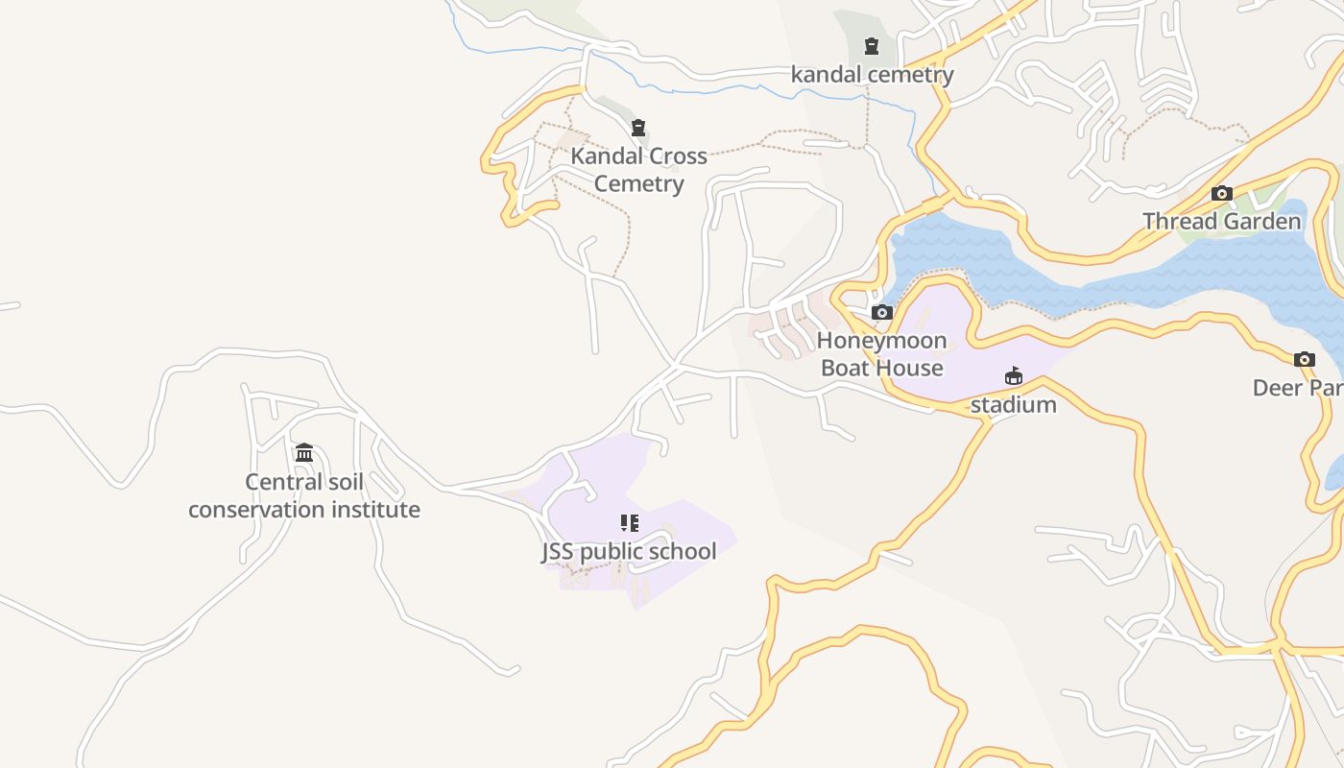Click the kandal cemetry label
coord(872,75)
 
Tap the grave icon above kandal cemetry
coord(872,45)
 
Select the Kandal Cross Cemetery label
coord(638,170)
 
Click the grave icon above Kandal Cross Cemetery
coord(638,128)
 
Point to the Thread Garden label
coord(1221,222)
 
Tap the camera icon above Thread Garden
coord(1221,193)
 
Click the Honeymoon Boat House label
coord(881,354)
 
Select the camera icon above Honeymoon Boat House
coord(881,312)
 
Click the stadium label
coord(1013,405)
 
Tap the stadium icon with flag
coord(1014,375)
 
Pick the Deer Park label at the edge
coord(1297,388)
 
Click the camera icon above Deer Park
coord(1304,360)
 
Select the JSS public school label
coord(629,552)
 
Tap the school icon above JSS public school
coord(629,523)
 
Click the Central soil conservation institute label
coord(303,495)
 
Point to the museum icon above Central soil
coord(304,452)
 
